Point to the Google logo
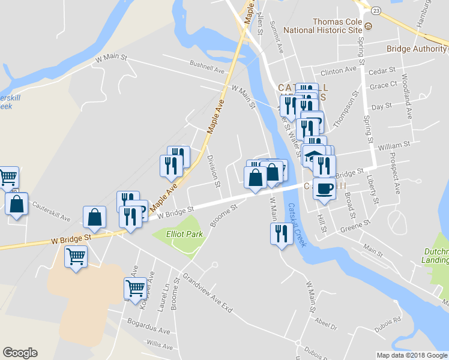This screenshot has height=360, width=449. point(20,353)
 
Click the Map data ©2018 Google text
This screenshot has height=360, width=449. point(411,355)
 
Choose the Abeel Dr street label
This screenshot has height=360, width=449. point(330,328)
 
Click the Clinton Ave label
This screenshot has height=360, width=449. point(342,71)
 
